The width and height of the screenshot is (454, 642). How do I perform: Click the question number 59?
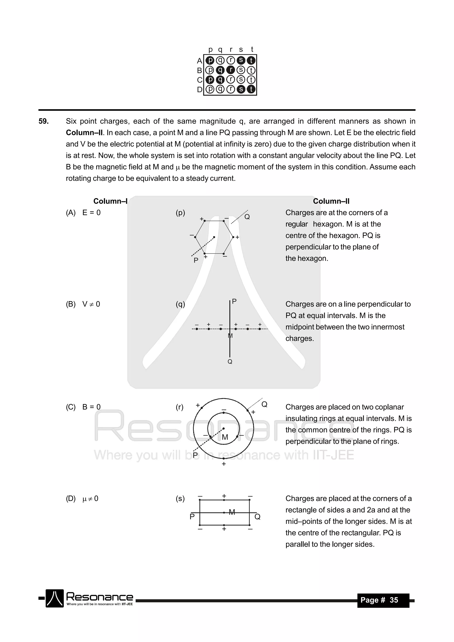pyautogui.click(x=44, y=121)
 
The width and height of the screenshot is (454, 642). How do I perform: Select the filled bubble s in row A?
pyautogui.click(x=241, y=60)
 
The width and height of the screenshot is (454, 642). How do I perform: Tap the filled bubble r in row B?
pyautogui.click(x=230, y=70)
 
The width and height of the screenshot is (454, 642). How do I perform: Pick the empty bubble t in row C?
pyautogui.click(x=251, y=80)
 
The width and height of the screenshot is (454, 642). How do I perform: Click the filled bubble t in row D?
pyautogui.click(x=251, y=89)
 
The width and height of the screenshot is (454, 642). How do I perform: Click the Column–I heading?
pyautogui.click(x=110, y=201)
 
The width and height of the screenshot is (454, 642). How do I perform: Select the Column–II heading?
pyautogui.click(x=331, y=201)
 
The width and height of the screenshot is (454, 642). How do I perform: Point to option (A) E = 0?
pyautogui.click(x=83, y=213)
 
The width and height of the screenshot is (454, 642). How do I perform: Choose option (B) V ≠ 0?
pyautogui.click(x=83, y=304)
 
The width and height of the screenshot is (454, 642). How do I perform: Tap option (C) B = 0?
pyautogui.click(x=83, y=407)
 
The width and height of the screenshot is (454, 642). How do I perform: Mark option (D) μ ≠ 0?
pyautogui.click(x=82, y=499)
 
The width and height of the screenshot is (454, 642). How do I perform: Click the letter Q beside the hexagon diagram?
pyautogui.click(x=247, y=217)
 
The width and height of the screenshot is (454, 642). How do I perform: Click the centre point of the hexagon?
pyautogui.click(x=214, y=237)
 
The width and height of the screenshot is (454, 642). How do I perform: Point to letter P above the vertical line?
pyautogui.click(x=234, y=301)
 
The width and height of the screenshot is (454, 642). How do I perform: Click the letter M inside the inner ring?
pyautogui.click(x=225, y=437)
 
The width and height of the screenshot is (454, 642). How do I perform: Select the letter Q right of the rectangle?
pyautogui.click(x=257, y=517)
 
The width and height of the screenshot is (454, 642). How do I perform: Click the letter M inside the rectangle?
pyautogui.click(x=232, y=512)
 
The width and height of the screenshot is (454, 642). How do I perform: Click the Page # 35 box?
pyautogui.click(x=383, y=600)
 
